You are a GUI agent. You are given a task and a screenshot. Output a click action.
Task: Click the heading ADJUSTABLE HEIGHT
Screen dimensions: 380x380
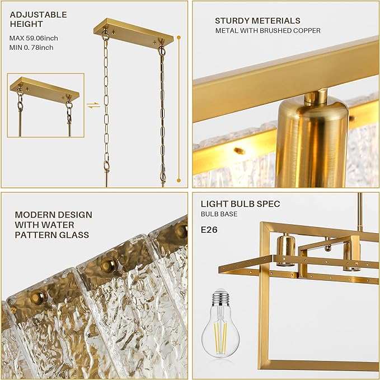(38, 20)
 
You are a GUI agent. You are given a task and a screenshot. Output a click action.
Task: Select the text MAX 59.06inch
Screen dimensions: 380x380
(34, 38)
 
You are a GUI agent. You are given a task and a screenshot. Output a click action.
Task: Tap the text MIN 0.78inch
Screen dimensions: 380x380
(31, 48)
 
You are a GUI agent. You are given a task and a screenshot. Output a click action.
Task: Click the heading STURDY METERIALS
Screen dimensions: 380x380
(257, 21)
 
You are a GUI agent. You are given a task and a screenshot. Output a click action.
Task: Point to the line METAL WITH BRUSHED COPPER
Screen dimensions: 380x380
(268, 31)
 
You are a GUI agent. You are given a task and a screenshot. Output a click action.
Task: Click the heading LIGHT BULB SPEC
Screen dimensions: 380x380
(240, 204)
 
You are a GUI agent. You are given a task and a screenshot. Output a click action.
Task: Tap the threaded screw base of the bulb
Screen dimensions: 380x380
(220, 296)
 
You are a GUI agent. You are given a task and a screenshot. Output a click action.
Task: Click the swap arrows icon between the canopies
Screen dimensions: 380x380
(93, 105)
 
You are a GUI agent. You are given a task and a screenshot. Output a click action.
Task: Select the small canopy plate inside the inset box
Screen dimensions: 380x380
(44, 90)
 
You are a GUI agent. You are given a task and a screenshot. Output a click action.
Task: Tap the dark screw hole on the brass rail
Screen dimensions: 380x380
(240, 150)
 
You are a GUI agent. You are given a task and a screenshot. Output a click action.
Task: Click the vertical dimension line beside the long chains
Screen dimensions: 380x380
(179, 106)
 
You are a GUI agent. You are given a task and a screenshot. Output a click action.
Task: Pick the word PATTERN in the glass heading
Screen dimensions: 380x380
(35, 235)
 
